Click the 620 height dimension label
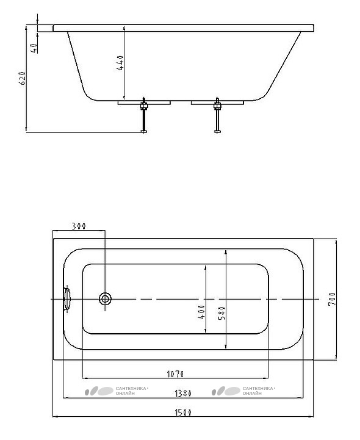pyautogui.click(x=23, y=78)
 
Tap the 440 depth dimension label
pyautogui.click(x=120, y=63)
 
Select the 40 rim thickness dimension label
pyautogui.click(x=34, y=48)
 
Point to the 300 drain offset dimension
pyautogui.click(x=79, y=226)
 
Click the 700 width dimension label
pyautogui.click(x=332, y=299)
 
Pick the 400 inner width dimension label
pyautogui.click(x=201, y=312)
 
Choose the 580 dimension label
pyautogui.click(x=221, y=313)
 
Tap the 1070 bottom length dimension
pyautogui.click(x=175, y=374)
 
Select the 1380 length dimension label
pyautogui.click(x=183, y=394)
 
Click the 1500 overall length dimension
pyautogui.click(x=183, y=413)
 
